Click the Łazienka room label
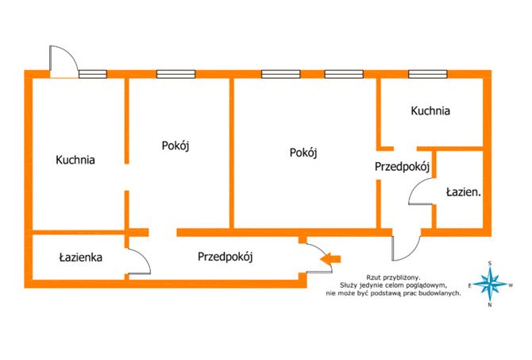(x=81, y=257)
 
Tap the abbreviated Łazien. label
(x=464, y=192)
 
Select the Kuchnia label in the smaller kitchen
(x=430, y=110)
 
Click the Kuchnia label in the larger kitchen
(x=75, y=160)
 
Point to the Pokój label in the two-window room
(x=303, y=153)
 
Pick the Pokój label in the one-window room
(x=175, y=145)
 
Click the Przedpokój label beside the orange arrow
(x=226, y=257)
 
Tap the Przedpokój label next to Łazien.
(x=403, y=167)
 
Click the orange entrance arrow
(x=330, y=259)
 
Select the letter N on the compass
(x=490, y=305)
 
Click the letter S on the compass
(x=490, y=263)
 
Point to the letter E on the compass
(x=469, y=286)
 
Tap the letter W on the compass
(x=511, y=285)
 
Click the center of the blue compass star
(x=490, y=284)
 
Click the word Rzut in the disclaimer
(x=372, y=277)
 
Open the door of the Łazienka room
(x=139, y=261)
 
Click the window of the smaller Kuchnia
(x=427, y=74)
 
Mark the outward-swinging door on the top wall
(x=64, y=61)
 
